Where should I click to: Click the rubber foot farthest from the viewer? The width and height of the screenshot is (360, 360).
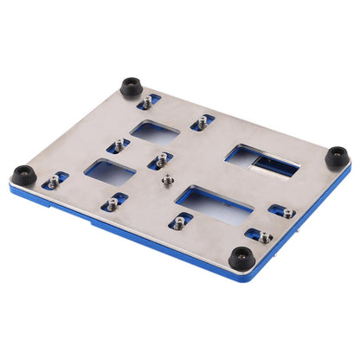(132, 87)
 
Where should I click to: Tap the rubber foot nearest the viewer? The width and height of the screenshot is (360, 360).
(241, 257)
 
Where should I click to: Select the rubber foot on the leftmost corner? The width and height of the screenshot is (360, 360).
(25, 174)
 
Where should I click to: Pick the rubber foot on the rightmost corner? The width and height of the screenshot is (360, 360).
(337, 157)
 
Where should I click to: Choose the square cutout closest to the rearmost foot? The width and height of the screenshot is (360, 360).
(155, 132)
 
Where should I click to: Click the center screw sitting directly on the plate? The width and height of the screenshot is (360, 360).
(167, 180)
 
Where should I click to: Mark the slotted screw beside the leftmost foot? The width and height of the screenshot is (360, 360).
(55, 181)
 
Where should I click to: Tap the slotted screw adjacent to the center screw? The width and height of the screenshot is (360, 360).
(160, 159)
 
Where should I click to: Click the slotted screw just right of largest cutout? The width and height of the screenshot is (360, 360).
(282, 210)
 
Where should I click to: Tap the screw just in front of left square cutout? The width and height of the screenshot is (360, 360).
(111, 204)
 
